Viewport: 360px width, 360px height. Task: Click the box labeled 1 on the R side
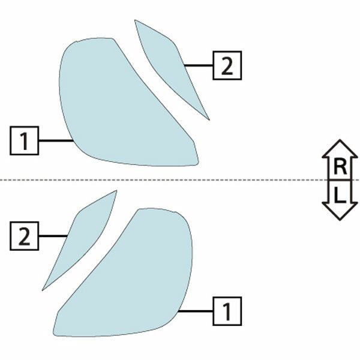25,140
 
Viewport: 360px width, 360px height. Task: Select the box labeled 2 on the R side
227,65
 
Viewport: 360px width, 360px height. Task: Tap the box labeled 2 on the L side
25,236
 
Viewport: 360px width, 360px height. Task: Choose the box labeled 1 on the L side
227,311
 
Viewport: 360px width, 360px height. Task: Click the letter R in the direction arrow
340,167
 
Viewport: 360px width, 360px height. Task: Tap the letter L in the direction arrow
340,195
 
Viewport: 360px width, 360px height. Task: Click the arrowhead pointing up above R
340,149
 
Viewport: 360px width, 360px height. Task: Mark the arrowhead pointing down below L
340,211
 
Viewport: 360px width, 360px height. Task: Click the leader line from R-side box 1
56,140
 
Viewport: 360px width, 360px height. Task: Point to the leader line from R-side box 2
199,65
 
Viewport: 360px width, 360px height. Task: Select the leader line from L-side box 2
53,236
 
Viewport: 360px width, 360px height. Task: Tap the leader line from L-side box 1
196,311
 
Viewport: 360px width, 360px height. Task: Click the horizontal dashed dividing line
180,180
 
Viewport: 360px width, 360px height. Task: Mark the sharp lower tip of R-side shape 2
209,120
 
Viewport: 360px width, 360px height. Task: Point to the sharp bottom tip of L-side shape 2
42,290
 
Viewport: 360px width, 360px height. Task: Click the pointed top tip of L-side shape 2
116,190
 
